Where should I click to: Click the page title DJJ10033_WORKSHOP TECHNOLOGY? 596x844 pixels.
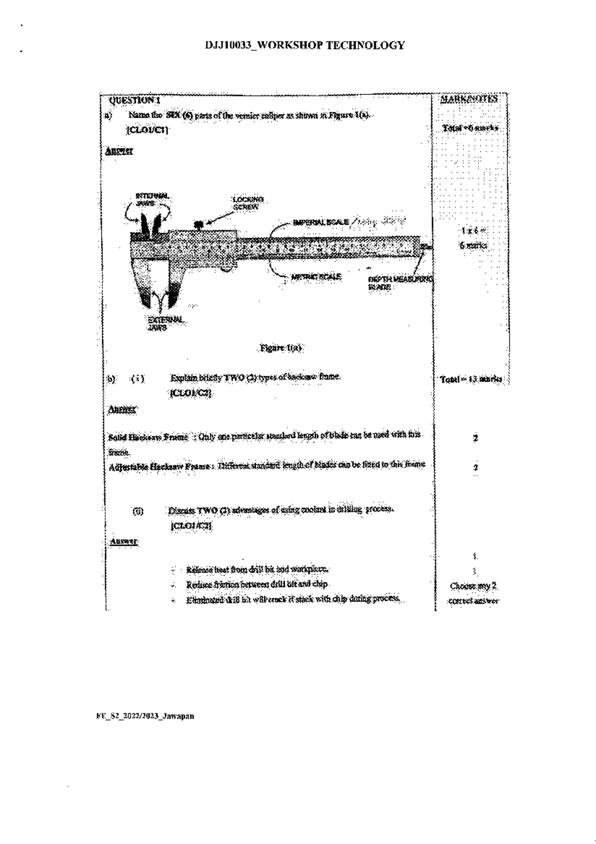point(305,46)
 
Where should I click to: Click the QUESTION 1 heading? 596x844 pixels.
point(134,100)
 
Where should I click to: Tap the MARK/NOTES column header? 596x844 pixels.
point(469,99)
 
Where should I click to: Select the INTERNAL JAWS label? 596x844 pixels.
point(152,200)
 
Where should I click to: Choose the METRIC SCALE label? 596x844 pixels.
point(316,277)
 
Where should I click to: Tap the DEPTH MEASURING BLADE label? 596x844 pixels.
point(399,283)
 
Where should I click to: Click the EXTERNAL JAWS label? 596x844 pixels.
point(165,323)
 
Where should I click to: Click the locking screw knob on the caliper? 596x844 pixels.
point(199,225)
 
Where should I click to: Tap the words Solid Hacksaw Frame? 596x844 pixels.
point(148,437)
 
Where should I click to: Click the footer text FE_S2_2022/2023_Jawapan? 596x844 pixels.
point(145,716)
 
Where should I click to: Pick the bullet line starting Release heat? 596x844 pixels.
point(257,569)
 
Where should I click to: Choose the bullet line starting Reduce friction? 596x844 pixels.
point(257,584)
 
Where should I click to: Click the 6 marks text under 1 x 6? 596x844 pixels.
point(473,245)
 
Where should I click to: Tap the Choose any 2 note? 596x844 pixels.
point(473,586)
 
